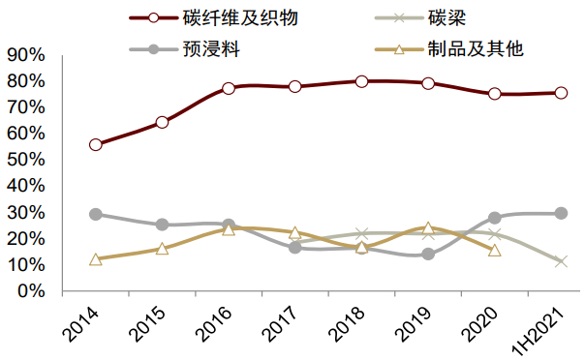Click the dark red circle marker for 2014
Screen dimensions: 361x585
coord(95,145)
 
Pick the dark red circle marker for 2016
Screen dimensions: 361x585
coord(229,88)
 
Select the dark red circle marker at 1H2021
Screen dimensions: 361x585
coord(561,93)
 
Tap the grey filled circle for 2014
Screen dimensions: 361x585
coord(95,214)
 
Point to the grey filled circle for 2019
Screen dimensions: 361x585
coord(428,255)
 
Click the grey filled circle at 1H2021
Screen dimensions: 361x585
coord(561,213)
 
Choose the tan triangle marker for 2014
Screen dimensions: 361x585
coord(95,259)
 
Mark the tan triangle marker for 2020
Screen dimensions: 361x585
coord(495,250)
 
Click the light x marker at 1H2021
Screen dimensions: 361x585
coord(561,261)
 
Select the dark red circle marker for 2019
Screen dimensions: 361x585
coord(428,83)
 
